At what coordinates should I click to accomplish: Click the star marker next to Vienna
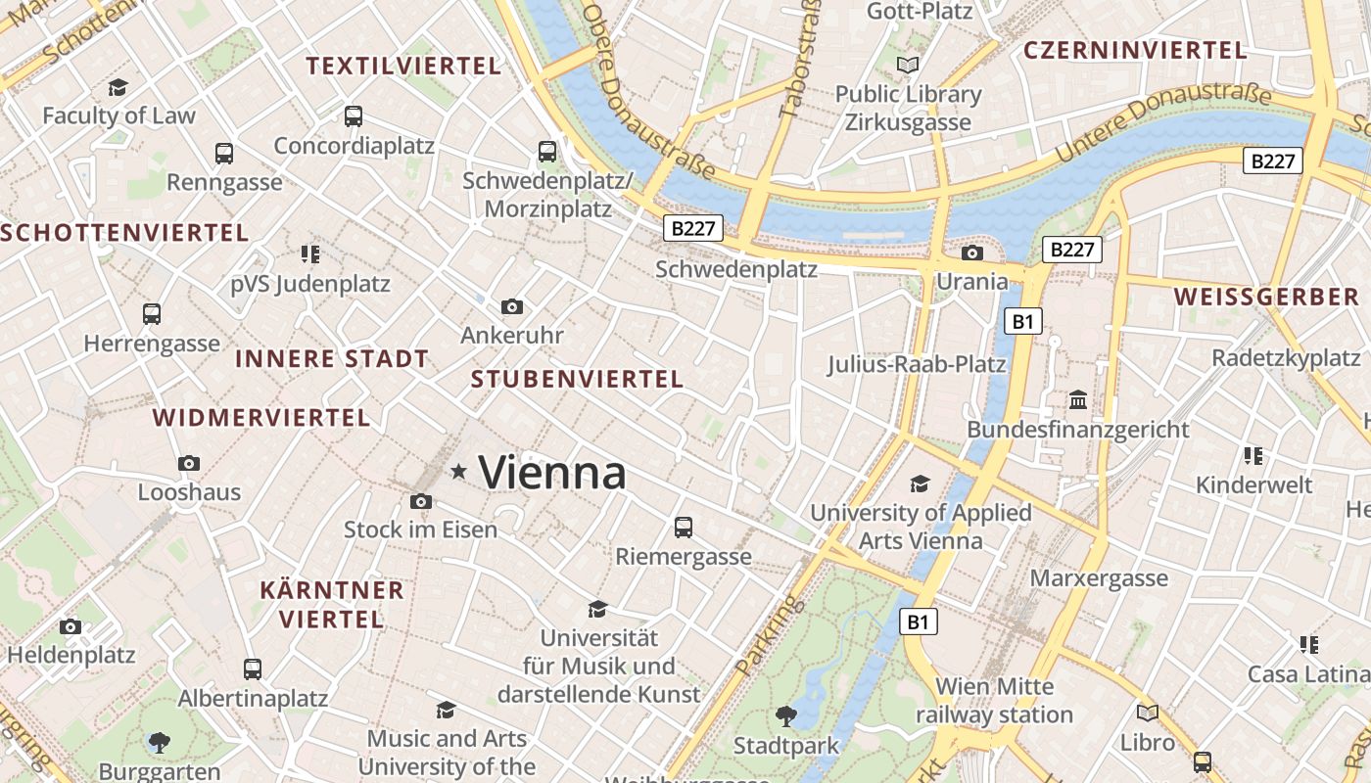458,472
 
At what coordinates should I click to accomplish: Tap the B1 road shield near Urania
1022,321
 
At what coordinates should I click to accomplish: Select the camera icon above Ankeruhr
511,307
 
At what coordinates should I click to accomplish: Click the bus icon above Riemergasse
684,528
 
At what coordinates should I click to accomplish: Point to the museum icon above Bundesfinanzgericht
1078,400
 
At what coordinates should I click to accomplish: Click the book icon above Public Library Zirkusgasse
909,66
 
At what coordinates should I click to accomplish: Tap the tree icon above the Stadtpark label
785,716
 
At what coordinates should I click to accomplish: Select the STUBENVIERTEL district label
577,380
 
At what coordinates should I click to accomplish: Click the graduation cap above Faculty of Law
118,87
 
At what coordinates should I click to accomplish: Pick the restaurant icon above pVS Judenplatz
310,254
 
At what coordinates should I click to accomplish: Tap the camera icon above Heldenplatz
71,626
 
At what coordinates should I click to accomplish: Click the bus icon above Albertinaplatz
253,669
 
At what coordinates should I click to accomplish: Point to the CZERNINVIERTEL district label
1135,50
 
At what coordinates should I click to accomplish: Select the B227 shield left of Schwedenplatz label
693,229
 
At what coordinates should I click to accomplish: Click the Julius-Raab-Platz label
917,365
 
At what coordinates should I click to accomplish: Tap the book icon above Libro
1148,714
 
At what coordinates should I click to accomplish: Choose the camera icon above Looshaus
189,463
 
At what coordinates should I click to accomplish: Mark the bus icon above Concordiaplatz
354,116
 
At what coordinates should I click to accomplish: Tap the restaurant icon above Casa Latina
1308,644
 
